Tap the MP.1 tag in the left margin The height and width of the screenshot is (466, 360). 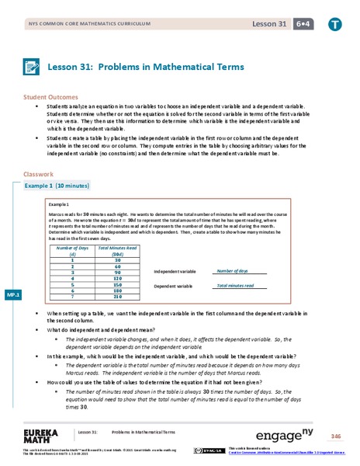tap(12, 296)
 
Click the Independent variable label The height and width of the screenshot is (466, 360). tap(176, 273)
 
